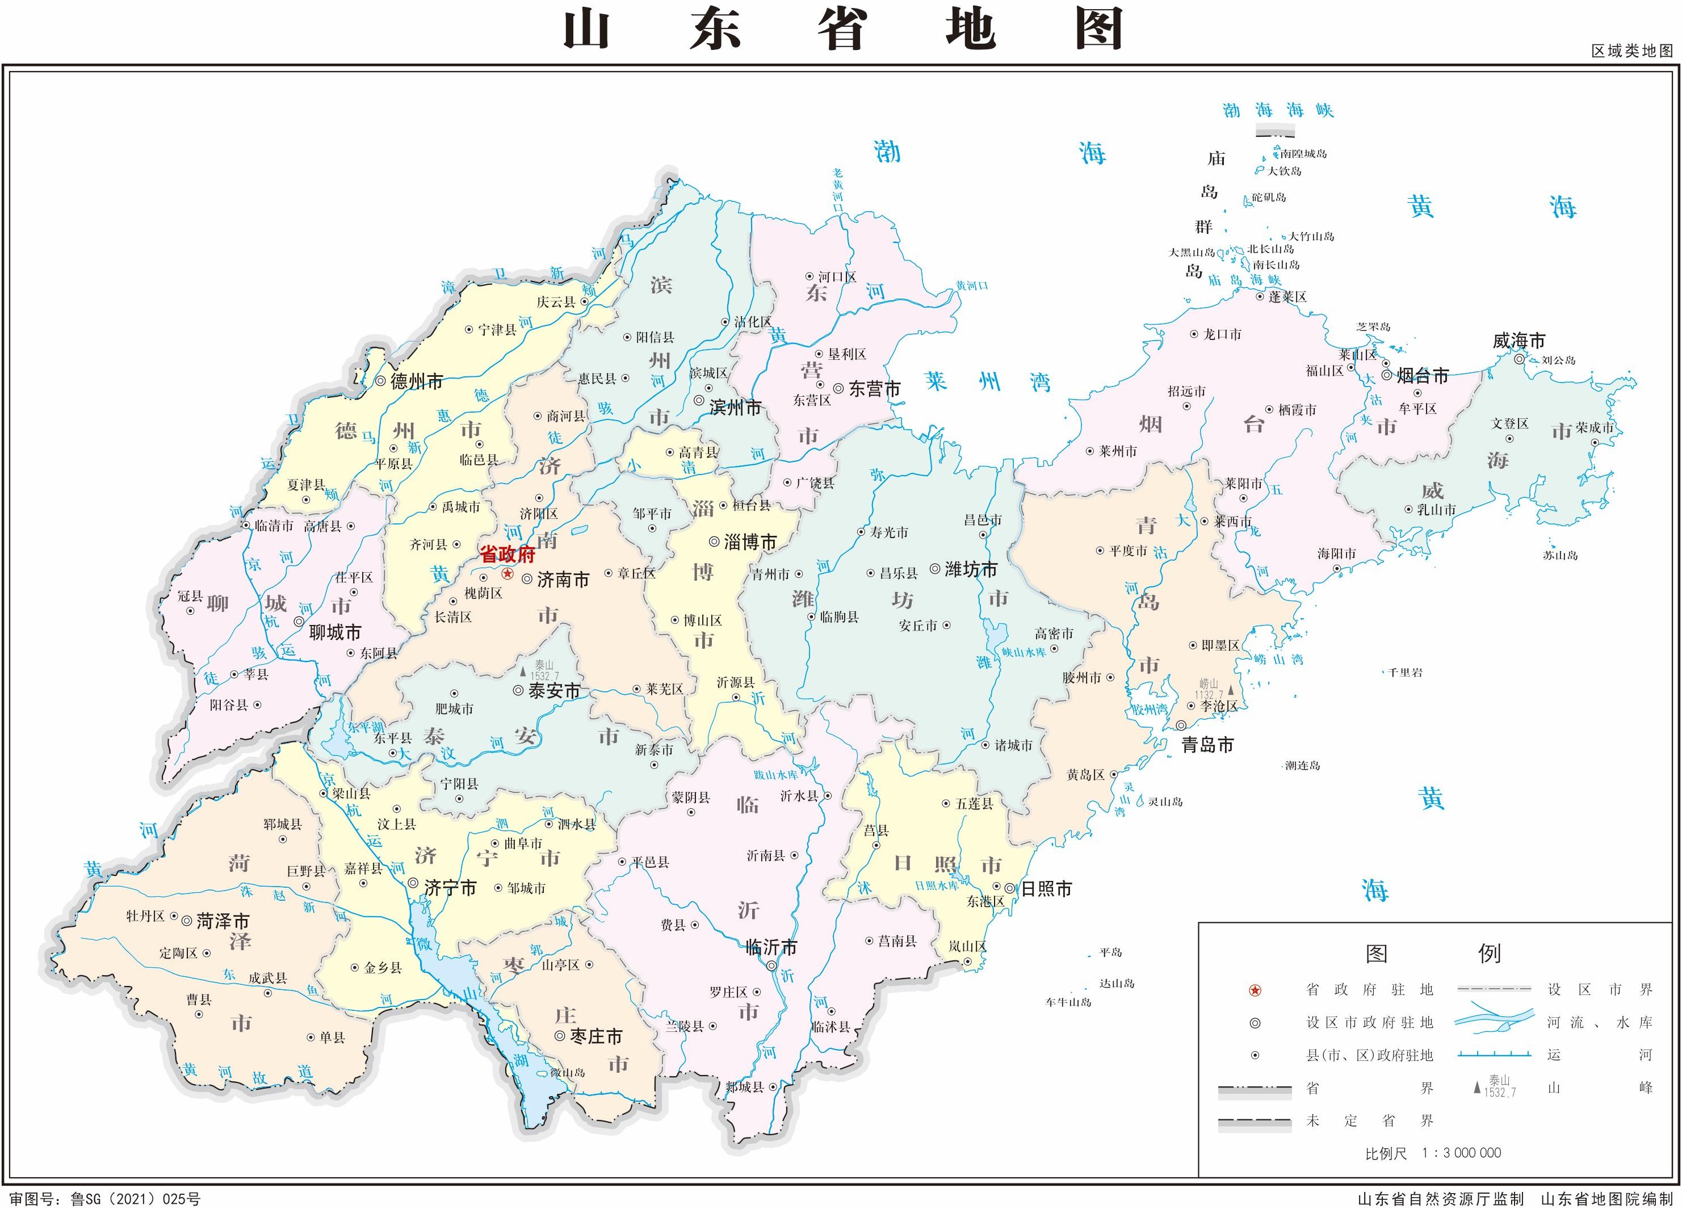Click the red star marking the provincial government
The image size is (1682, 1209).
[508, 574]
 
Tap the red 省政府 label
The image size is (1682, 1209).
[508, 555]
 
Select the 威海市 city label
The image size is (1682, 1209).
[1519, 341]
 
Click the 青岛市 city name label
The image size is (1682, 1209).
[1207, 745]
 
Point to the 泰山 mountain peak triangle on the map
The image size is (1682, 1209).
[523, 672]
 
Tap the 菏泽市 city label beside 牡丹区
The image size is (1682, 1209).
[223, 921]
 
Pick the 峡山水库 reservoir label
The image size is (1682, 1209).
[1024, 653]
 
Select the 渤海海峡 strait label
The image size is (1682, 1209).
[1278, 111]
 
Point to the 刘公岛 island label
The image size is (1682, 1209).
[1558, 360]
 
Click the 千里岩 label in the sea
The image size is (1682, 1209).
[1406, 673]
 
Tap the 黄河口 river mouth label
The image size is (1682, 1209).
[971, 286]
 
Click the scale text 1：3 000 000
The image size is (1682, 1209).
[1461, 1153]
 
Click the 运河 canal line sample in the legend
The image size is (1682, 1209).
[1494, 1054]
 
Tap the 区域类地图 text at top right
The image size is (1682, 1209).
[1632, 51]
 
